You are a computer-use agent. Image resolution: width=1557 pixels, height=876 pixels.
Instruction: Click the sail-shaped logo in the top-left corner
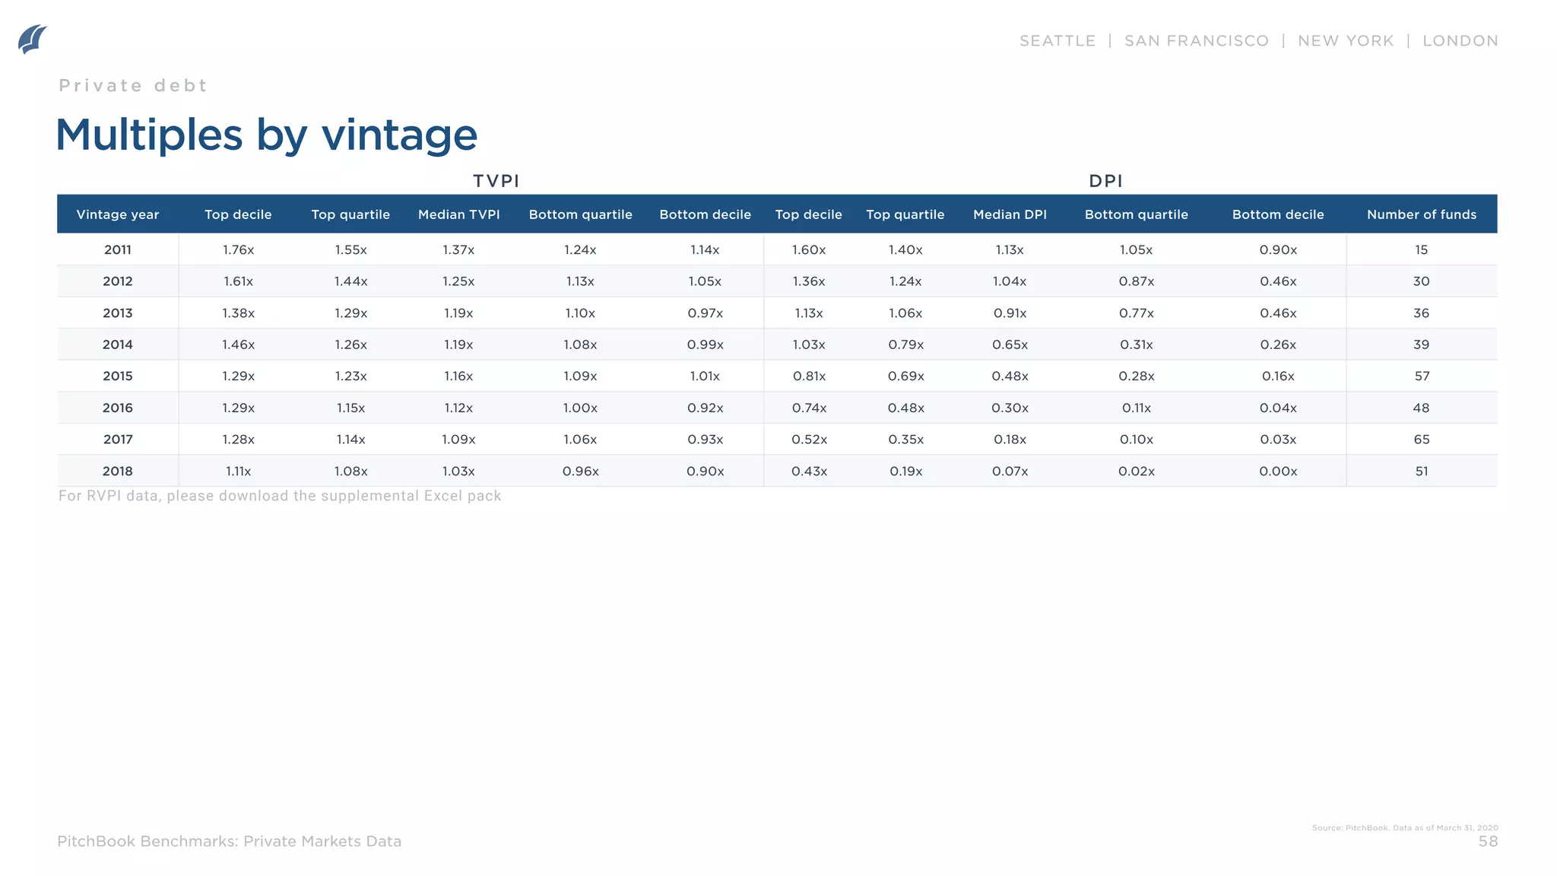32,39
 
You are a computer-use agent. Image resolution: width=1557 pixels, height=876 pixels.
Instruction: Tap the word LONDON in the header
1460,41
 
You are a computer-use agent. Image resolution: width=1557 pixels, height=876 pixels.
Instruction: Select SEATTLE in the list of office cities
1058,41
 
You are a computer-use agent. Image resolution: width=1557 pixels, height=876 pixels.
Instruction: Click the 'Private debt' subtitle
133,86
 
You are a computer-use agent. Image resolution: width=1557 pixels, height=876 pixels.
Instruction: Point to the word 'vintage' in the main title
399,135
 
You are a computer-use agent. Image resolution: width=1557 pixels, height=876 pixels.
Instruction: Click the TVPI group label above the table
496,181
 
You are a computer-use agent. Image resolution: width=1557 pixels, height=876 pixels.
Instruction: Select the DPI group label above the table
1105,181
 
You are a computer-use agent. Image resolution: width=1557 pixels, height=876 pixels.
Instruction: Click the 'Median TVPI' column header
458,214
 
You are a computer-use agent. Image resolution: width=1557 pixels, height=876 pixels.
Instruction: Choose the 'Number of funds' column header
1421,214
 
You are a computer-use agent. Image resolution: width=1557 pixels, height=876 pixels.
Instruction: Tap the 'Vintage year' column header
118,214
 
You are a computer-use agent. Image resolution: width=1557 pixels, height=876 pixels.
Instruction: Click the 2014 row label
118,344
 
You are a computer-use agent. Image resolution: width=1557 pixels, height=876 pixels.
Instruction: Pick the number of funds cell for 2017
1421,440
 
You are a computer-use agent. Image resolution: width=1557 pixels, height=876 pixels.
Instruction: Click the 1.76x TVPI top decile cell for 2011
238,249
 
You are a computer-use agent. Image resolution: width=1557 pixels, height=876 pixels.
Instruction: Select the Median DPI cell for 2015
1010,376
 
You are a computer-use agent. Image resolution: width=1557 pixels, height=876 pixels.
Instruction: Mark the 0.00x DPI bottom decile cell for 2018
1278,471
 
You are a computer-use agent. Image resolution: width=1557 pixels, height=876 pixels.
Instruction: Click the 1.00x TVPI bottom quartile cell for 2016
580,408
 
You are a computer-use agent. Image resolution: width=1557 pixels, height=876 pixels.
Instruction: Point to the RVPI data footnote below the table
280,496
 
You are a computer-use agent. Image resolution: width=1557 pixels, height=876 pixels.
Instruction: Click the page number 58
1488,842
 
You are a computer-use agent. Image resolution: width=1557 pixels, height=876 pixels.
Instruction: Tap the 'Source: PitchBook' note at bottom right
1404,828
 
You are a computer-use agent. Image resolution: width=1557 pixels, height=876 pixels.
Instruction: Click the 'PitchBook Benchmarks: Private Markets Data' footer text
229,842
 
